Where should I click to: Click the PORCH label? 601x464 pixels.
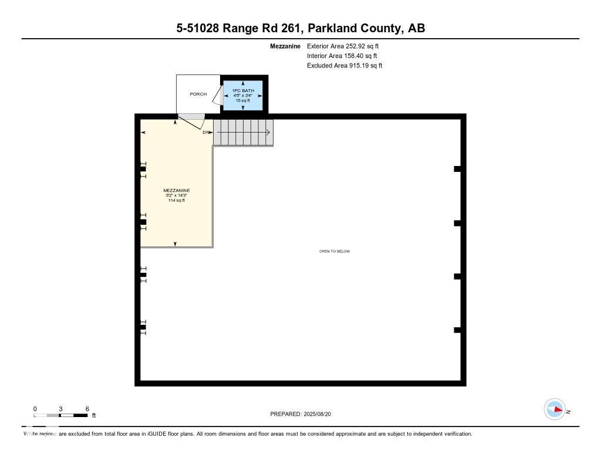point(198,94)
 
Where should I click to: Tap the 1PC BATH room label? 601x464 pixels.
point(243,90)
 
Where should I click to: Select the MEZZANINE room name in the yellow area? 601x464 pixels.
point(176,191)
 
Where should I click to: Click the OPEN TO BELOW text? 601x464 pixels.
point(334,251)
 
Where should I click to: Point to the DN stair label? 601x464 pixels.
point(205,133)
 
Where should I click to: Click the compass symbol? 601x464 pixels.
point(555,409)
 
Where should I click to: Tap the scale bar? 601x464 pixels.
point(61,415)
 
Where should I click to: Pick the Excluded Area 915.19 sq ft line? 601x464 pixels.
point(345,66)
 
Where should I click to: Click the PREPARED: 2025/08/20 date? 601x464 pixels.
point(304,414)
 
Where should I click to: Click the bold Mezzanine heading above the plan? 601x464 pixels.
point(285,46)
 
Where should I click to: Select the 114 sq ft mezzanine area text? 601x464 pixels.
point(176,201)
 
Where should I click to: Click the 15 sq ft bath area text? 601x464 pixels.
point(243,100)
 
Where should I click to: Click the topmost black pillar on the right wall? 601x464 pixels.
point(457,169)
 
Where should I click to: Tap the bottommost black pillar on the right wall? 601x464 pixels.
point(457,330)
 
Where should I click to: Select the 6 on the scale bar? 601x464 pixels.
point(87,408)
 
